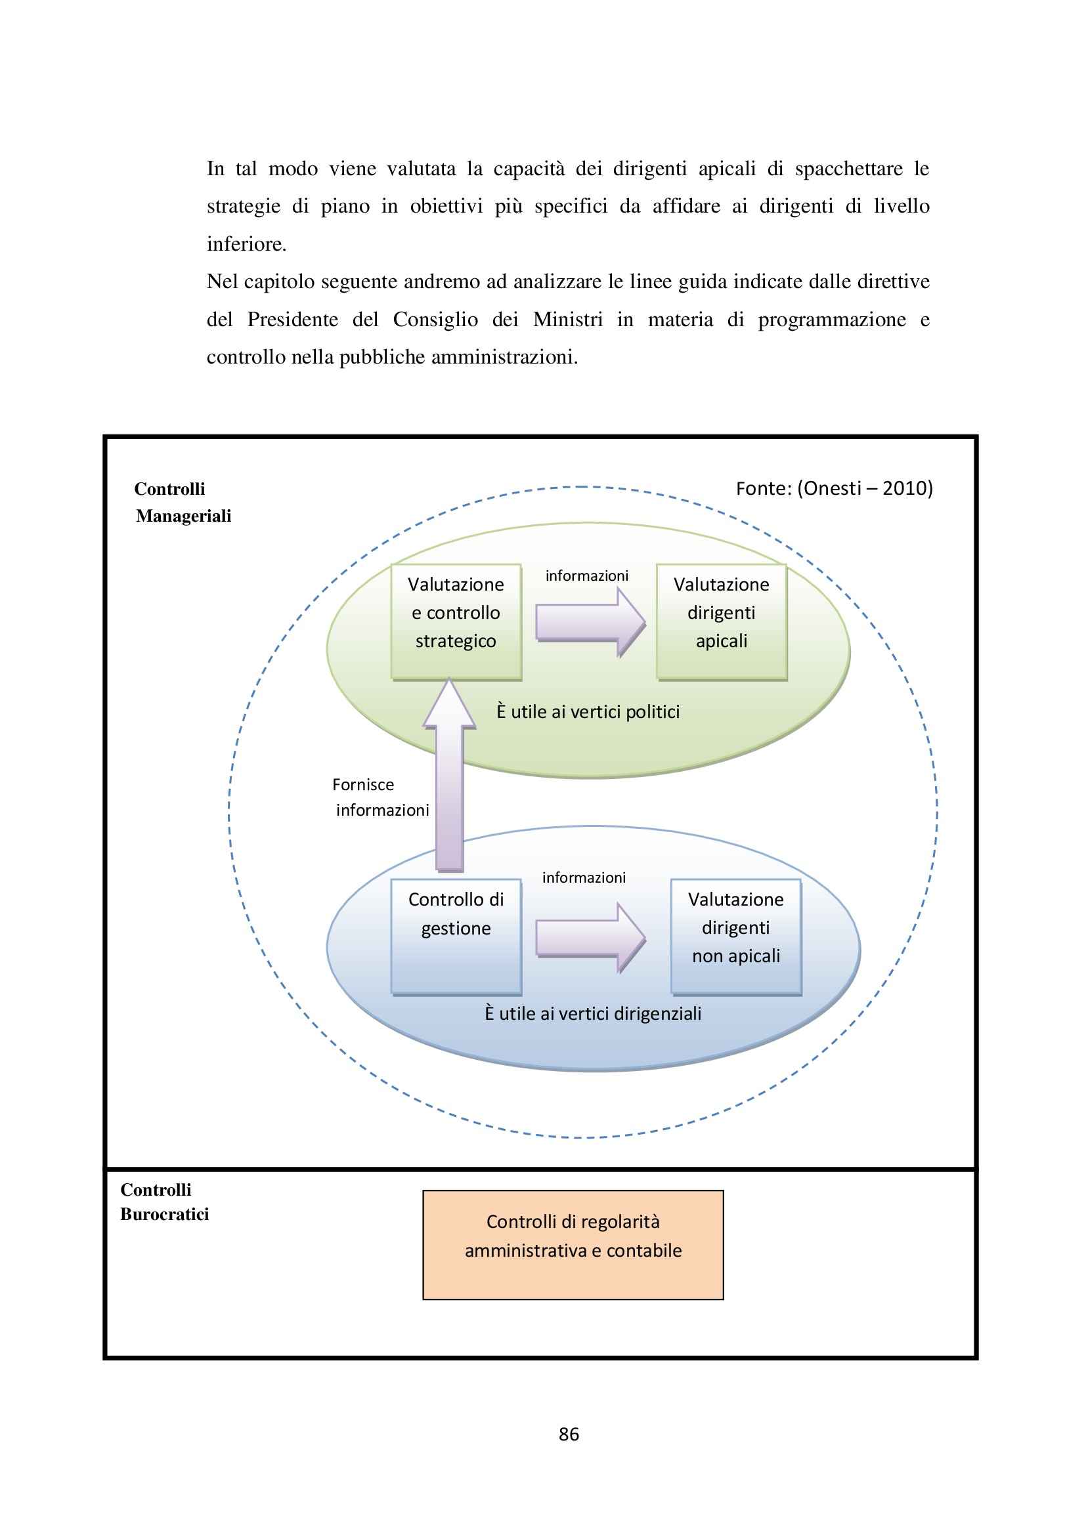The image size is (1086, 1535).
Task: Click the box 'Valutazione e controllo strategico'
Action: (x=456, y=621)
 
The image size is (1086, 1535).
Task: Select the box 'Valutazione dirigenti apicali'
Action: (x=721, y=621)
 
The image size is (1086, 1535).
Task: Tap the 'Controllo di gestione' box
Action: (x=456, y=936)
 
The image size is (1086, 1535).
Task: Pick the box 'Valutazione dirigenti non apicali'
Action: (x=735, y=936)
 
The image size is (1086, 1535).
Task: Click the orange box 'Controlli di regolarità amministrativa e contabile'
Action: (x=573, y=1244)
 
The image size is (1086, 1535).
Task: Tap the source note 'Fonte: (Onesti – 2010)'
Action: (x=834, y=488)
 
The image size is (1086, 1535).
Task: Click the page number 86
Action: (x=569, y=1433)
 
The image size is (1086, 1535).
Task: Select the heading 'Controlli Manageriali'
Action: (x=183, y=502)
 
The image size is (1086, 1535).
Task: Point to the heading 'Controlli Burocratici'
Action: (x=164, y=1202)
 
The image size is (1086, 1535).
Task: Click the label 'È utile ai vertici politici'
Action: (x=588, y=711)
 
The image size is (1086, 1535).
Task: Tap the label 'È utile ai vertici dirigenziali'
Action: (x=592, y=1013)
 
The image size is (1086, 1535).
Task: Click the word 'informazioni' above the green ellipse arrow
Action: (x=586, y=576)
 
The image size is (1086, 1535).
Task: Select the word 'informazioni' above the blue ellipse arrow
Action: (x=584, y=877)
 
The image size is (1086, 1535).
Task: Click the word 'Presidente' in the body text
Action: (x=292, y=320)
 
